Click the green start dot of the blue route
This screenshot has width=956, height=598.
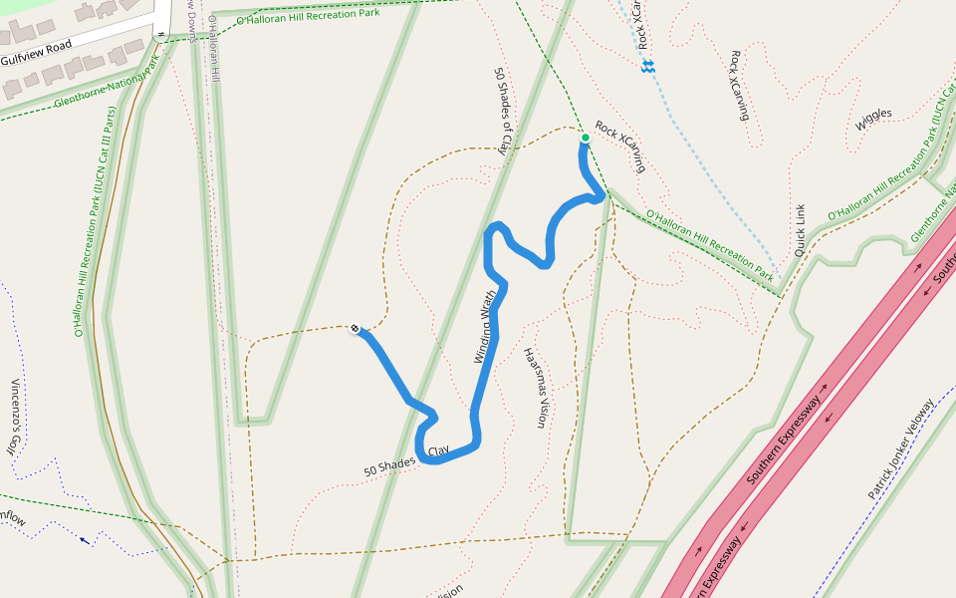585,138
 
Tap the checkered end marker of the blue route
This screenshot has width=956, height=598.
355,327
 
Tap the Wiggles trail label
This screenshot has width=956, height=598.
873,121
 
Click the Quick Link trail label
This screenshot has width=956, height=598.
799,231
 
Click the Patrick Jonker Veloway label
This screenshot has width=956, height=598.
901,449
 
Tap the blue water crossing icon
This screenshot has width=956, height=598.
647,67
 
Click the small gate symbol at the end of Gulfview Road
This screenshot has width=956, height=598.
159,36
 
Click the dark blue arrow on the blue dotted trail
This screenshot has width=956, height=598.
84,541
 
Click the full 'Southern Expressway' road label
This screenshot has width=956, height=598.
784,440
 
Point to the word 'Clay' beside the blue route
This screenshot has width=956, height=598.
438,451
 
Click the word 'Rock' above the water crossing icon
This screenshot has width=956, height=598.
642,38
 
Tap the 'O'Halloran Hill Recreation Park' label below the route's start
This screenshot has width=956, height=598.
709,244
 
